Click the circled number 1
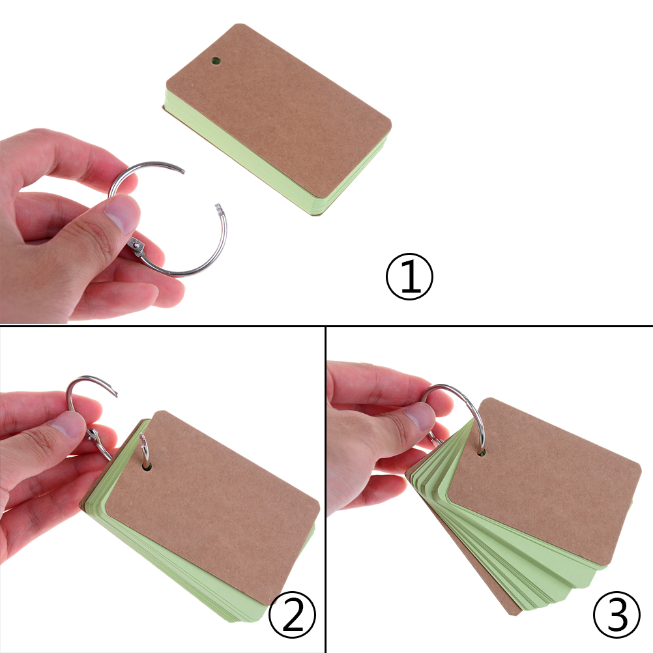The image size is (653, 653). point(409,276)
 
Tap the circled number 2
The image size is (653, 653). point(293,615)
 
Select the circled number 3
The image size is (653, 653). point(617,615)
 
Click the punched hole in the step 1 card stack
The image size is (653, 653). point(215,61)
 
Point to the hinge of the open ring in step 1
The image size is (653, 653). point(137,248)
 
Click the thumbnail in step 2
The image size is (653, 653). point(66,424)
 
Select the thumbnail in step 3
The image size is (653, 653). point(420,415)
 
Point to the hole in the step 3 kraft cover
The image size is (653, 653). point(481,452)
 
